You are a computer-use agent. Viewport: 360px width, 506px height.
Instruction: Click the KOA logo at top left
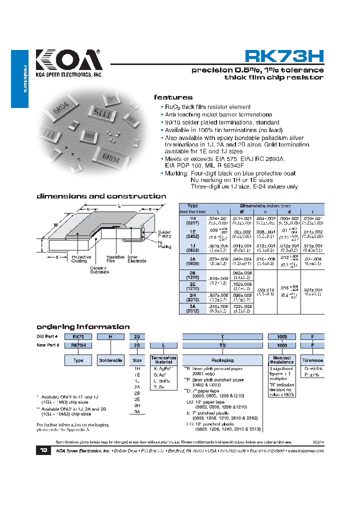[x=68, y=61]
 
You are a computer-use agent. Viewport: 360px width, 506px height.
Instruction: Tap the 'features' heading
[x=173, y=97]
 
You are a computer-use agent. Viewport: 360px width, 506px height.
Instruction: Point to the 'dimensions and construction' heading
[x=101, y=196]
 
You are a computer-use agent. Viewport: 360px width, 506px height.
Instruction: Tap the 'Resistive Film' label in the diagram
[x=115, y=258]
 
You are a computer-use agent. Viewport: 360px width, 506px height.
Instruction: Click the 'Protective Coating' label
[x=79, y=258]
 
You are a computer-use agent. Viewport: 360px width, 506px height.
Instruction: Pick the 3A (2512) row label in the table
[x=192, y=308]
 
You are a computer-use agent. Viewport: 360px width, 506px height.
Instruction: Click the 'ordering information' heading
[x=83, y=326]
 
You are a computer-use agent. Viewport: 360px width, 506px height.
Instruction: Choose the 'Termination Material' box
[x=163, y=360]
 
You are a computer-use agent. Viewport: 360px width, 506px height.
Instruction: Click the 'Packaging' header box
[x=222, y=360]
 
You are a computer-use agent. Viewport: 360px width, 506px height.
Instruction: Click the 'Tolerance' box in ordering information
[x=313, y=360]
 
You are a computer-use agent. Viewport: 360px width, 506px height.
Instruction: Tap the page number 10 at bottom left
[x=43, y=450]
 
